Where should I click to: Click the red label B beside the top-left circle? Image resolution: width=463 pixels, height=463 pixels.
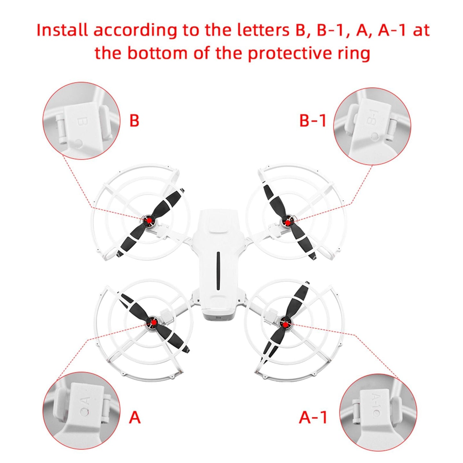[x=134, y=121]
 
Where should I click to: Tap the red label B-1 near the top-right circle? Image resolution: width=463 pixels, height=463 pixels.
[x=312, y=121]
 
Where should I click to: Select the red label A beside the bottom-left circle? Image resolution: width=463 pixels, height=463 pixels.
[x=135, y=417]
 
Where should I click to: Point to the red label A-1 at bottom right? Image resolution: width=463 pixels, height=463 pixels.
[x=313, y=417]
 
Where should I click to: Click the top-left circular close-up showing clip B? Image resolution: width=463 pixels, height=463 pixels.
[x=81, y=120]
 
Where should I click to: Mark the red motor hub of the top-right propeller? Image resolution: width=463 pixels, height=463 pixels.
[x=288, y=222]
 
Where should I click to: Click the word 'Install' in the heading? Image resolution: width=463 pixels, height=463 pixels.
[x=62, y=30]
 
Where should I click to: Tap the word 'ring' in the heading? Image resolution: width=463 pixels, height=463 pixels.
[x=355, y=53]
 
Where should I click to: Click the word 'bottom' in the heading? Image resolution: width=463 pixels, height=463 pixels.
[x=157, y=53]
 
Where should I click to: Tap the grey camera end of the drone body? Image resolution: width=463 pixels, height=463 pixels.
[x=217, y=316]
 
